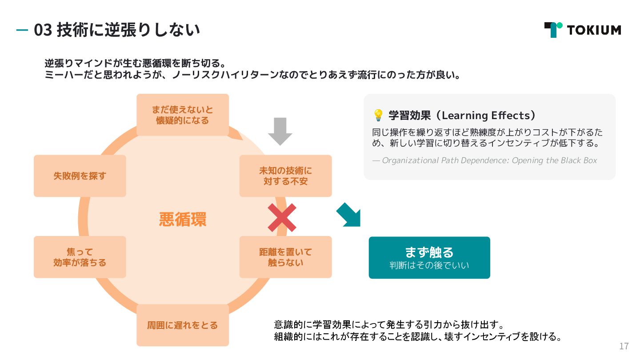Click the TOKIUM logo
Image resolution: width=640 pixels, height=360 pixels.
[x=582, y=30]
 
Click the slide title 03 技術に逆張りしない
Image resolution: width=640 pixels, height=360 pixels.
[x=116, y=30]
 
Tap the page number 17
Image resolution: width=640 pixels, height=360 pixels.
[x=624, y=346]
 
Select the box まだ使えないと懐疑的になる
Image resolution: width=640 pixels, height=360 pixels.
[x=182, y=115]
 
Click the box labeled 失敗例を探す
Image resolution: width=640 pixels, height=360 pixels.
[x=80, y=176]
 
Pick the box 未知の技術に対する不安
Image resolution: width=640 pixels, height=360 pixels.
[x=285, y=176]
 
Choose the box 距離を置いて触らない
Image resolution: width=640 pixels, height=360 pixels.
[x=285, y=257]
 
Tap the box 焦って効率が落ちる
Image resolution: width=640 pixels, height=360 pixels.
[x=80, y=257]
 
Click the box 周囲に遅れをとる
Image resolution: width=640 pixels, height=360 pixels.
[x=182, y=325]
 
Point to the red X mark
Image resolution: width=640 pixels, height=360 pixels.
[x=282, y=218]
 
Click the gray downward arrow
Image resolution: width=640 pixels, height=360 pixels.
[x=280, y=131]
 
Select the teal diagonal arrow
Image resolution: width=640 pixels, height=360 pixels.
[x=349, y=215]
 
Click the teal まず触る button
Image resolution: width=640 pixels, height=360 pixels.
[x=429, y=257]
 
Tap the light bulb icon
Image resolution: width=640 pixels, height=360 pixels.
[x=378, y=116]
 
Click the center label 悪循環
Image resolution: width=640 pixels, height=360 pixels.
[x=183, y=220]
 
